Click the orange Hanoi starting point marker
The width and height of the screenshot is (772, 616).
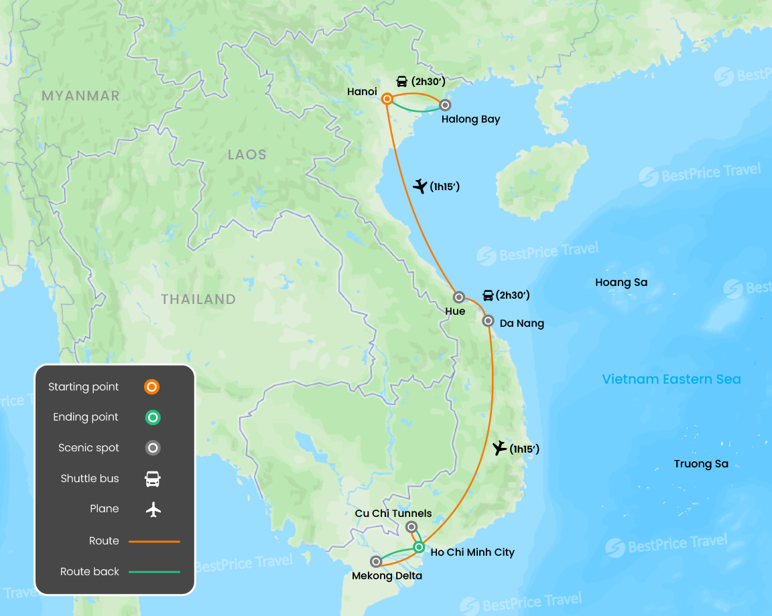point(387,99)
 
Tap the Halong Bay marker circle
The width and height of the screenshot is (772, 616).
point(444,104)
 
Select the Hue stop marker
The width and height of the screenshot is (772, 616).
point(459,297)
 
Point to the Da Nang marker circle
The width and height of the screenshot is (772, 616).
point(489,321)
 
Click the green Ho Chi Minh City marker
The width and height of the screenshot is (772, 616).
point(419,547)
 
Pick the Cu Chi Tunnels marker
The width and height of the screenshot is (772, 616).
point(411,527)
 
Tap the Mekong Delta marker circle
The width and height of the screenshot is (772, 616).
point(377,562)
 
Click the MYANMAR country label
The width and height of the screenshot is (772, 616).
point(80,96)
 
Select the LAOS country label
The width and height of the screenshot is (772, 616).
point(247,155)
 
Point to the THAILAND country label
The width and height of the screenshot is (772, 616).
point(198,299)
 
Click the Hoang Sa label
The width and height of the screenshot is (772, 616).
point(621,283)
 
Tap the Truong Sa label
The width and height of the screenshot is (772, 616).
point(701,464)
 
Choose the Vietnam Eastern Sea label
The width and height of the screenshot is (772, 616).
point(671,380)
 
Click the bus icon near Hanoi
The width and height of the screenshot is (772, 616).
point(402,82)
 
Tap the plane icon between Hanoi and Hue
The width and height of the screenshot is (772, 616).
point(420,186)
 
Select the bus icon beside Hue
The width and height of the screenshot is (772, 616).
point(489,295)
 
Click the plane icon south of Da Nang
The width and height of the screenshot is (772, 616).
point(499,448)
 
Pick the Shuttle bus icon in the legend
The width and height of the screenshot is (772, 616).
point(153,479)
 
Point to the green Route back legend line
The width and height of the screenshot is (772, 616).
point(154,572)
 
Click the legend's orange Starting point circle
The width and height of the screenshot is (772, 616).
point(153,387)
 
